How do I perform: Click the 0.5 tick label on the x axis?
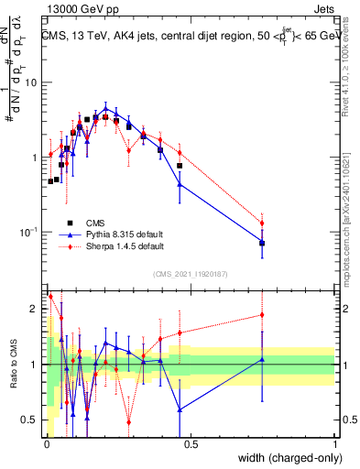190,444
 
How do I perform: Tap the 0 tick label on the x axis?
46,444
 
